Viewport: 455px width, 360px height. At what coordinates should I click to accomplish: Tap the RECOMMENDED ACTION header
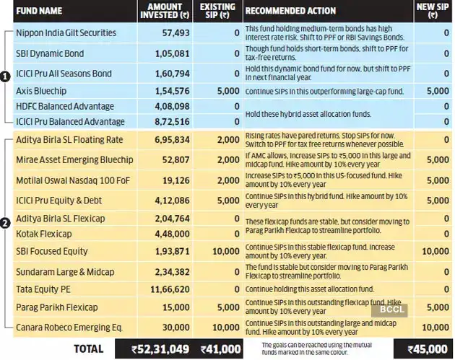click(x=290, y=11)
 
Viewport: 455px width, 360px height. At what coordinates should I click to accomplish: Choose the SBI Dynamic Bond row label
click(x=50, y=53)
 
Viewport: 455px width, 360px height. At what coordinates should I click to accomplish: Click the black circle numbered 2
click(x=5, y=224)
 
